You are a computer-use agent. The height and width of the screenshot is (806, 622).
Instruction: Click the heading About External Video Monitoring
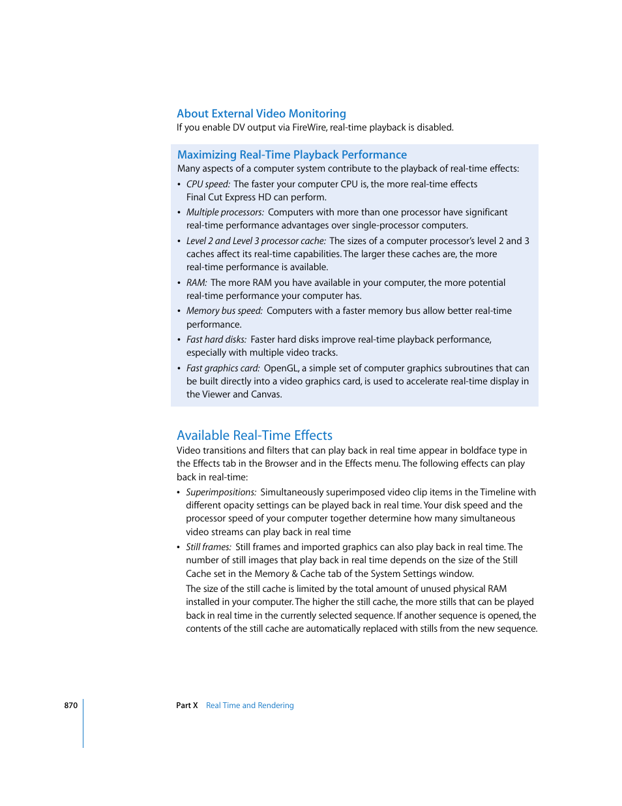tap(261, 114)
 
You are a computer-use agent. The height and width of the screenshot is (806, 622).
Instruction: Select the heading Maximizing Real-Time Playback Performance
tap(291, 155)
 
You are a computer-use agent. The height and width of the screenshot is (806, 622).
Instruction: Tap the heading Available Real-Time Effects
tap(254, 435)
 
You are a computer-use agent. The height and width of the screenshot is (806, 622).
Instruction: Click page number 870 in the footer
tap(70, 705)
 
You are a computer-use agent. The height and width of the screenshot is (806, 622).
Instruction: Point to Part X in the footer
tap(186, 705)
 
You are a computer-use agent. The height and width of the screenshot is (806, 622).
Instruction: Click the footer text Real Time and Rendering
tap(250, 705)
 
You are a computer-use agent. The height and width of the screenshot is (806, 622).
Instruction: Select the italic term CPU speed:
tap(208, 184)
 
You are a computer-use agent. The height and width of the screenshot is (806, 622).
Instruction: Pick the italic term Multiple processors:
tap(225, 212)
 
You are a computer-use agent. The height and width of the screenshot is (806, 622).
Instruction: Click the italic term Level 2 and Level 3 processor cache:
tap(256, 241)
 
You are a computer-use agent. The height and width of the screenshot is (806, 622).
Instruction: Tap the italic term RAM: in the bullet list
tap(196, 283)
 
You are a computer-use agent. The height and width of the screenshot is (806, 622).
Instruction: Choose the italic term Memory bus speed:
tap(224, 311)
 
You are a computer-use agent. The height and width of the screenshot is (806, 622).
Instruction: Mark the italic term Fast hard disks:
tap(216, 339)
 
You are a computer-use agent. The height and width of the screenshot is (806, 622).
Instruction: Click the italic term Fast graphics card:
tap(223, 368)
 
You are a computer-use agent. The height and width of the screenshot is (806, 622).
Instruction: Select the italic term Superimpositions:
tap(221, 492)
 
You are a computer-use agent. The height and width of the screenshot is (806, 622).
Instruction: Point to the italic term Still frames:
tap(209, 547)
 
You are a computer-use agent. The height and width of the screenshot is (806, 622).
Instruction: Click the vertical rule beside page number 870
tap(83, 723)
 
